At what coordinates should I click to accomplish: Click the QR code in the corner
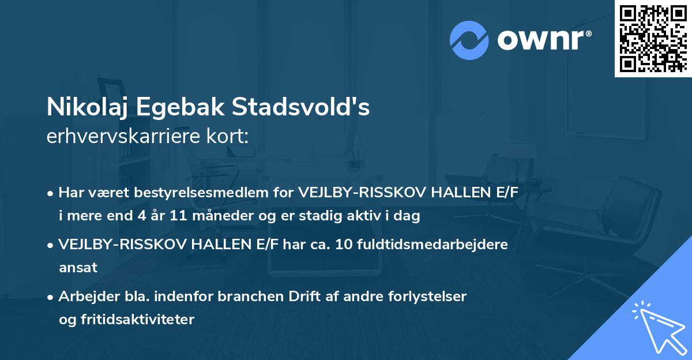pyautogui.click(x=654, y=38)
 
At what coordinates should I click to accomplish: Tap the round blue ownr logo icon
pyautogui.click(x=469, y=40)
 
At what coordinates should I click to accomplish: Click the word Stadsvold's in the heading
pyautogui.click(x=302, y=108)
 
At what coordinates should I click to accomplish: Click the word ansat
pyautogui.click(x=78, y=268)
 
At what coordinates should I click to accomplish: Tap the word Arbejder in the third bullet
pyautogui.click(x=84, y=297)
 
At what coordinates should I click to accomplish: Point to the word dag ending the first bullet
pyautogui.click(x=408, y=216)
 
